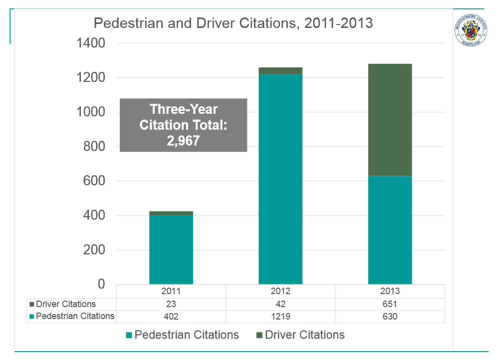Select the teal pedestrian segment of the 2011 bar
tap(171, 250)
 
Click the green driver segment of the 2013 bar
tap(390, 120)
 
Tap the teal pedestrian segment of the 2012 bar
tap(280, 180)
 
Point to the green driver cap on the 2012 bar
tap(280, 71)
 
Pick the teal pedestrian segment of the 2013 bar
tap(390, 230)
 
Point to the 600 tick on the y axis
tap(94, 181)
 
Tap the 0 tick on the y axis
tap(101, 284)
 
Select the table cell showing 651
tap(390, 304)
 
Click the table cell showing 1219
tap(280, 316)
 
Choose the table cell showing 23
tap(171, 304)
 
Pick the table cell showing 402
tap(171, 316)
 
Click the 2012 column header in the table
tap(280, 291)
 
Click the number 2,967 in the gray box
tap(183, 141)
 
